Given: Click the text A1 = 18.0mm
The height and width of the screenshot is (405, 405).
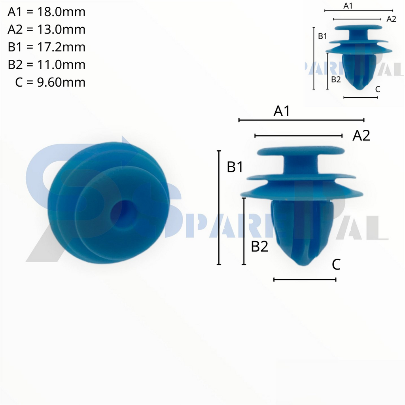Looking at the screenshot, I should [46, 12].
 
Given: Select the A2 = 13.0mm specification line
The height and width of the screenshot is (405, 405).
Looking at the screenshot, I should [46, 30].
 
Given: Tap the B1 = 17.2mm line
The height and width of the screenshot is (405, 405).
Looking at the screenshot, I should [46, 47].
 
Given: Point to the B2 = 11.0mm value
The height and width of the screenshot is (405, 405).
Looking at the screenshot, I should [46, 64].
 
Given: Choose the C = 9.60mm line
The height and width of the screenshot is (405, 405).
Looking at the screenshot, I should [50, 82].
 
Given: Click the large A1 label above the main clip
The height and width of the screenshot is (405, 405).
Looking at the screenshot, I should [282, 112].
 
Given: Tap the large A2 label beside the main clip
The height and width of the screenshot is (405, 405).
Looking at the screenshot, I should [361, 136].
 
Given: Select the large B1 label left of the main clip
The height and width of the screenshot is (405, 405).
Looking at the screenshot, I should [235, 167].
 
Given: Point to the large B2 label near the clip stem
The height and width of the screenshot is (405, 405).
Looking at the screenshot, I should [259, 247].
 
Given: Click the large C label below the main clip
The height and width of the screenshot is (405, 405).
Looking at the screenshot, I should [336, 265].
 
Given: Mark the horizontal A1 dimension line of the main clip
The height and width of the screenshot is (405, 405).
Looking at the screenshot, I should [301, 120].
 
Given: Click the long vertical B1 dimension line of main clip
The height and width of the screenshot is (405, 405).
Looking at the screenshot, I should [219, 208].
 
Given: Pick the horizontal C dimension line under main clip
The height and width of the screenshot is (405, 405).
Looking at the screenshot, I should [305, 280].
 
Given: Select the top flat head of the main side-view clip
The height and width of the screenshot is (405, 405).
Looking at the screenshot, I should [301, 150].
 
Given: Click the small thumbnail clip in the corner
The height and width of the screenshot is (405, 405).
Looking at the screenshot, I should [359, 55].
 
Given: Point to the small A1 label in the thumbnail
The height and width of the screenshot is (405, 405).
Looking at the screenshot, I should [348, 6].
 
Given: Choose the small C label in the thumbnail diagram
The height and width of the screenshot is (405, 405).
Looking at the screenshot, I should [378, 89].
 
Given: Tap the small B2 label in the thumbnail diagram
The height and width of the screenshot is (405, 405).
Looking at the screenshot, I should [336, 79].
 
